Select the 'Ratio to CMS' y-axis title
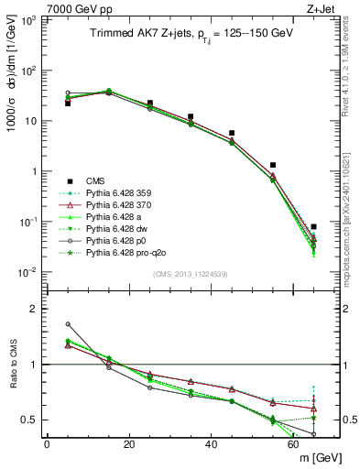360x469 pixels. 11,362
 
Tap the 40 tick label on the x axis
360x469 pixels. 212,445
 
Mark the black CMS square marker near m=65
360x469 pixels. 314,226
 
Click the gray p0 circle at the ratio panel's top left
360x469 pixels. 68,323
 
